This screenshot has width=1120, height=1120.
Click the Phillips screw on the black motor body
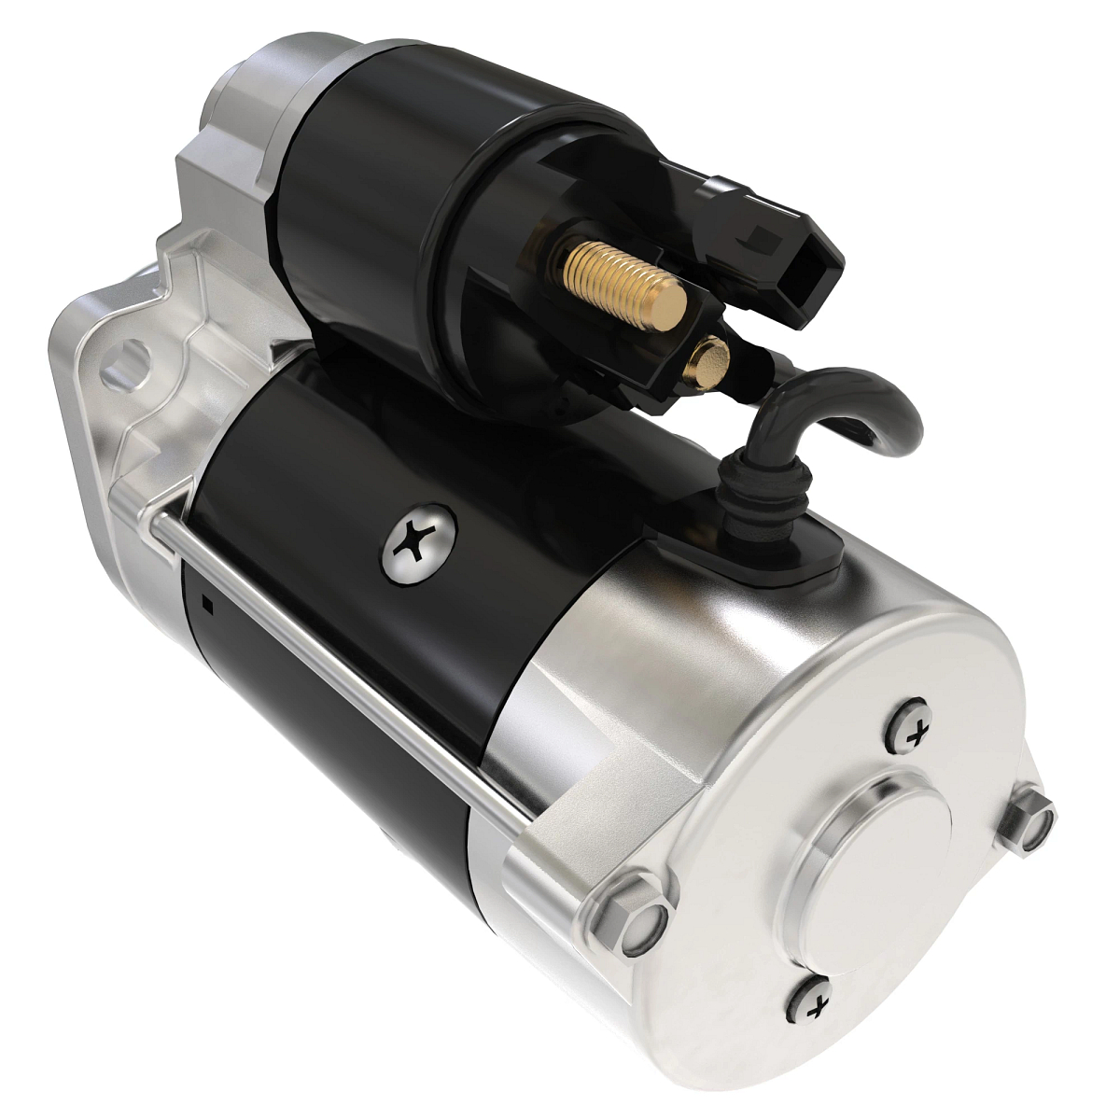click(x=419, y=545)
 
